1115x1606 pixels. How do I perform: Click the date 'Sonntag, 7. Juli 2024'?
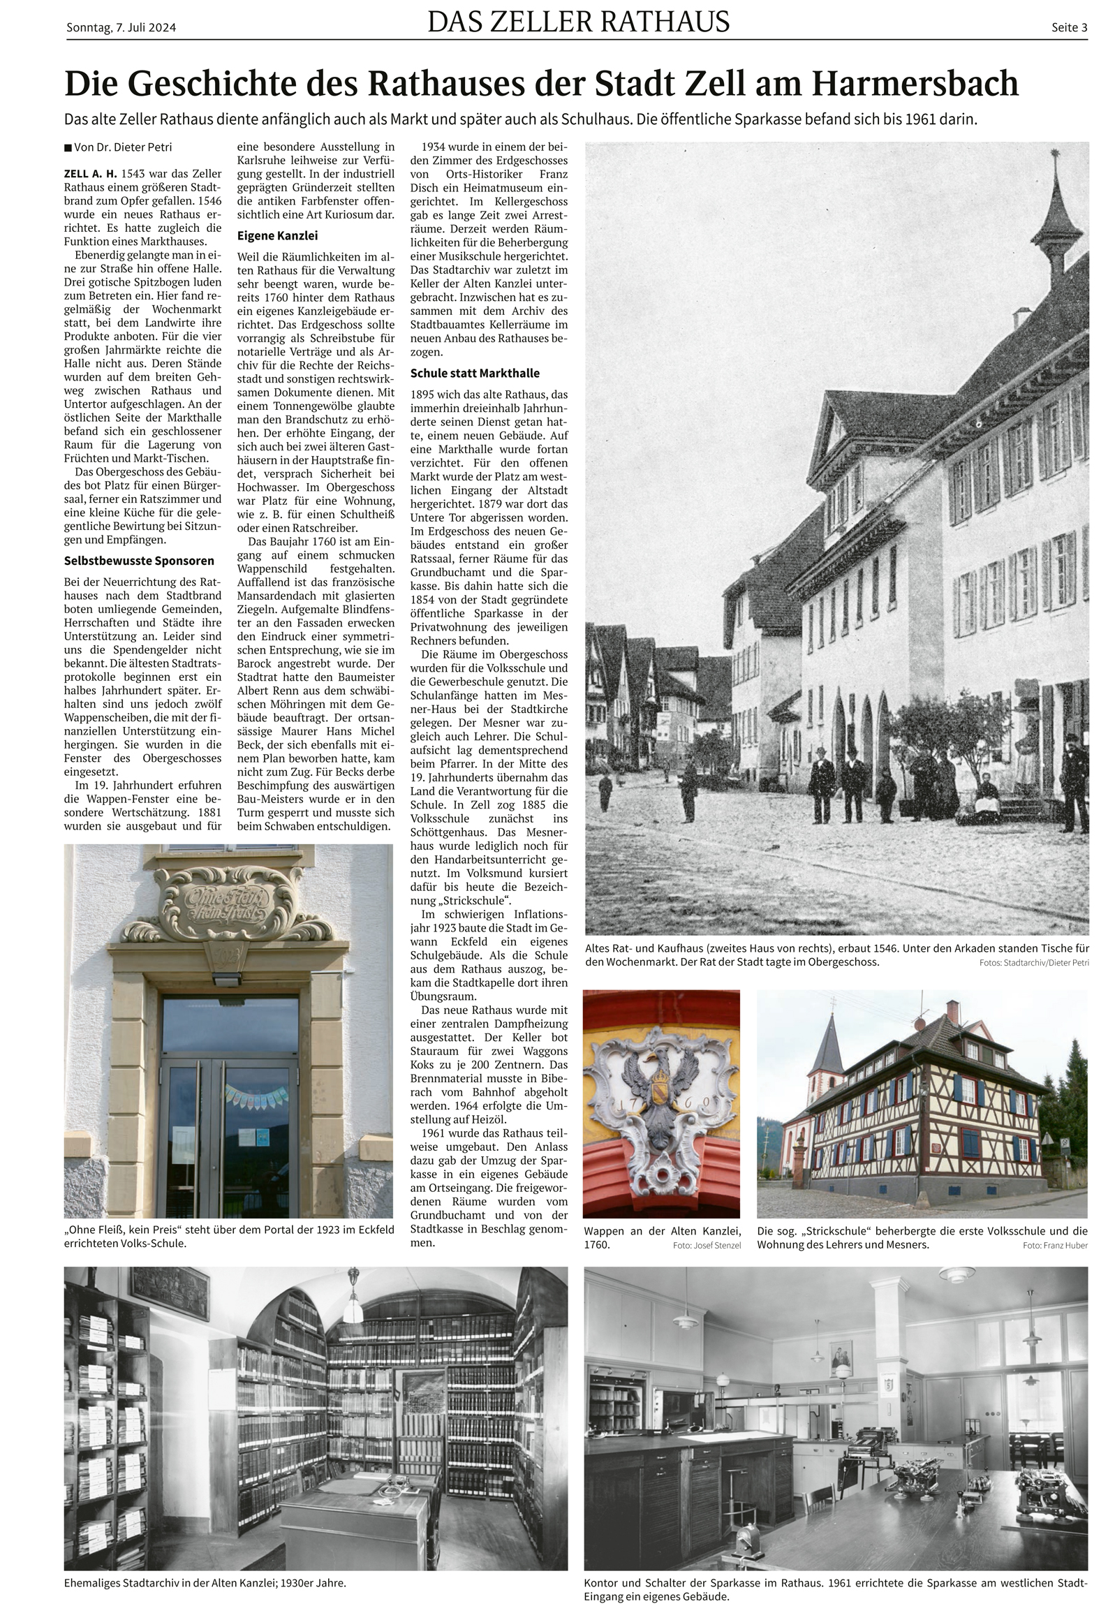121,28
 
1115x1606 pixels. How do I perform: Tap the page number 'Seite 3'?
1069,28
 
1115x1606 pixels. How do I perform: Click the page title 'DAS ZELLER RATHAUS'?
579,22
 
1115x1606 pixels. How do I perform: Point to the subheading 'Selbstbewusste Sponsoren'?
139,560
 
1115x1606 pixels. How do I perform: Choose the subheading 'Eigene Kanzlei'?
277,235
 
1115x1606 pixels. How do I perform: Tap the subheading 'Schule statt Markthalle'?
474,373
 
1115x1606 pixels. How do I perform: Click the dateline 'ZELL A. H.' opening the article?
89,173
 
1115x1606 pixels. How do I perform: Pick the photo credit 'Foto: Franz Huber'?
1055,1246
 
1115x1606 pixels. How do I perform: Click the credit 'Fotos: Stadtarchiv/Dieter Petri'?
1034,963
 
